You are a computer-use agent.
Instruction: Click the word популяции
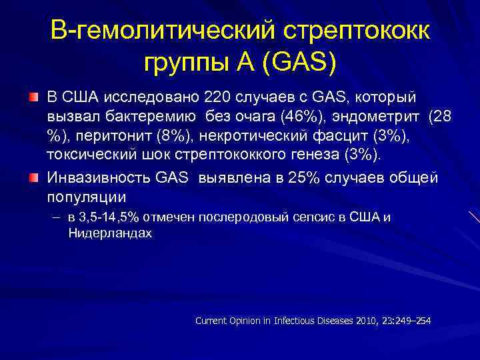tap(86, 197)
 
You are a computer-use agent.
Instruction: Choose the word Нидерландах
tap(110, 234)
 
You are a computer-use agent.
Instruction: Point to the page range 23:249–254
tap(407, 321)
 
